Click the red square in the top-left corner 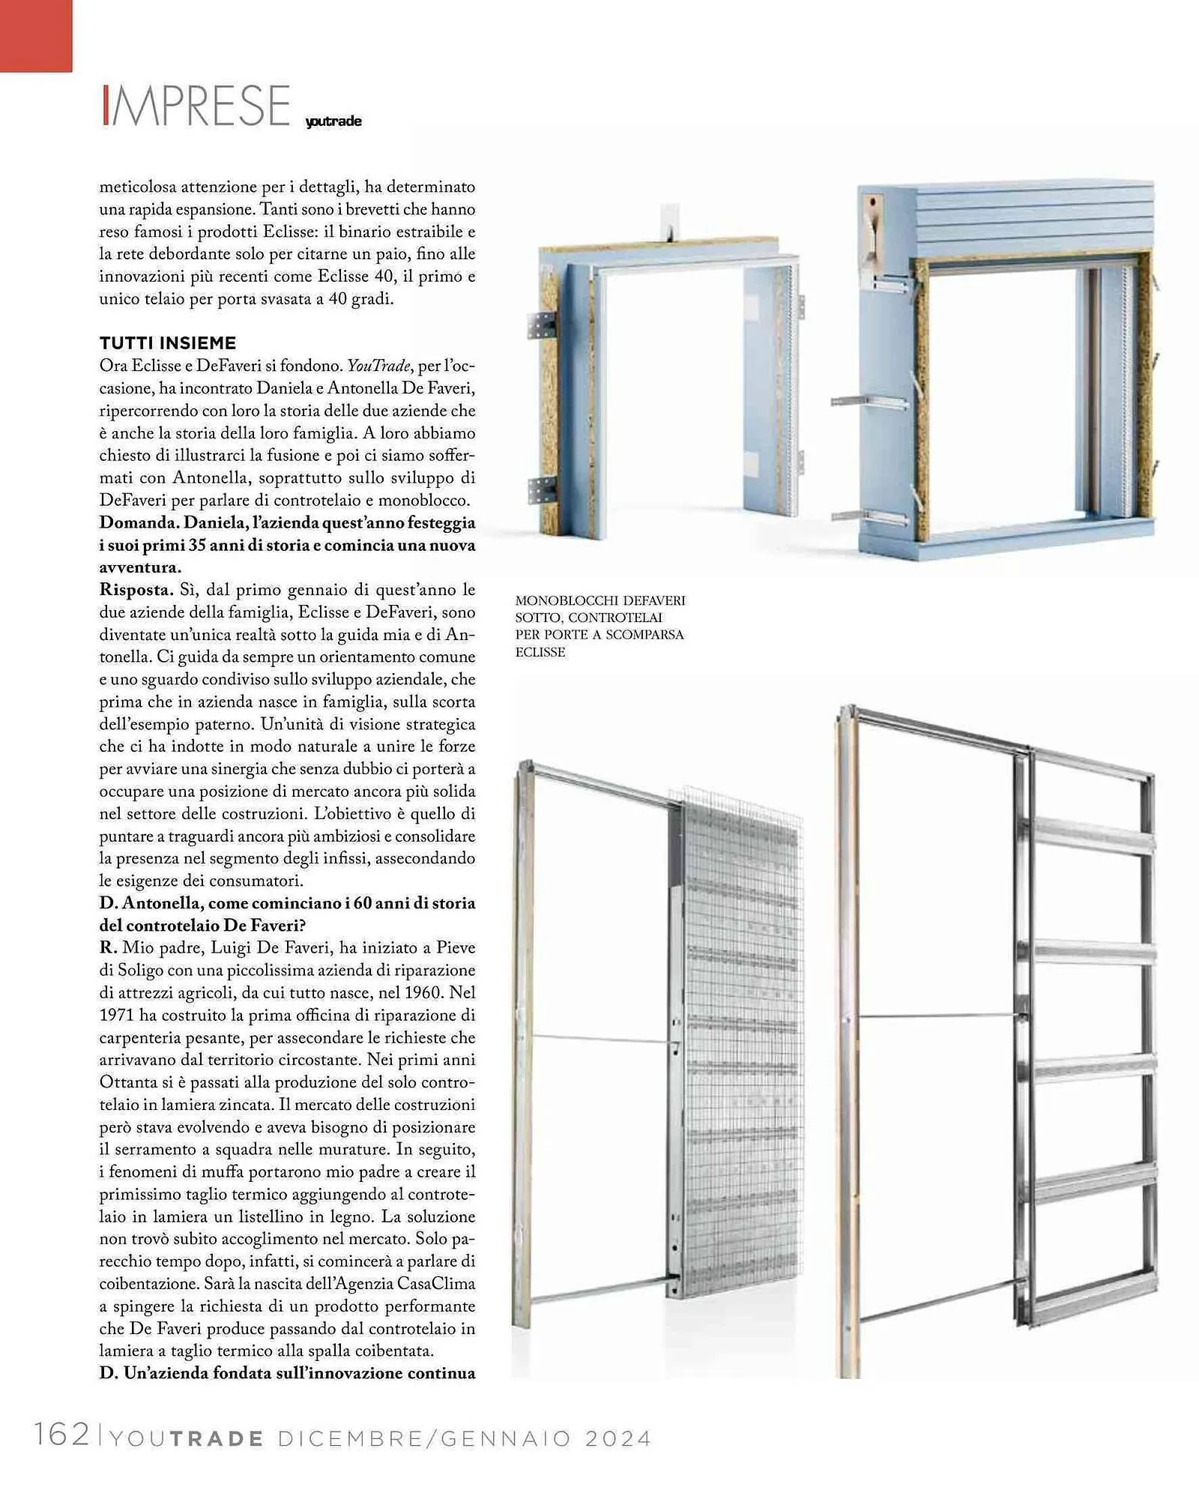[36, 35]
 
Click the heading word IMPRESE [196, 106]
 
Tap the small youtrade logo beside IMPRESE [333, 121]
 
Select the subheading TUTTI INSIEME [168, 343]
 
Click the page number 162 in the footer [61, 1434]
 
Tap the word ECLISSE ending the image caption [540, 652]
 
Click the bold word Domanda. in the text [139, 522]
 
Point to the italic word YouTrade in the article [378, 366]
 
